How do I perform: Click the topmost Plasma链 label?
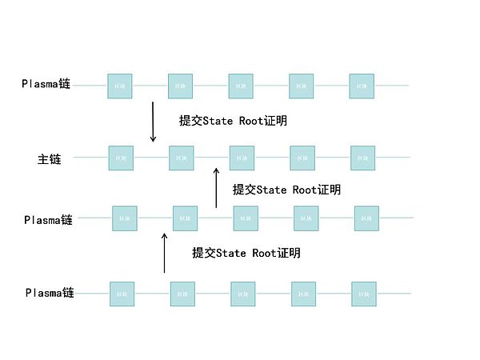click(x=46, y=83)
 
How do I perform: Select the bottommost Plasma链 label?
click(x=49, y=293)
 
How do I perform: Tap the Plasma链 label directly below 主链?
click(x=48, y=219)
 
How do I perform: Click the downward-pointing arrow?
click(x=153, y=121)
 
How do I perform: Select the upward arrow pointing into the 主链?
click(x=216, y=188)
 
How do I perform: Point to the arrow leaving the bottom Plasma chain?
click(x=165, y=253)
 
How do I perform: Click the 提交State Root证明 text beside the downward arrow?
click(x=234, y=121)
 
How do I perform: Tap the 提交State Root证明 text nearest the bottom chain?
click(x=246, y=253)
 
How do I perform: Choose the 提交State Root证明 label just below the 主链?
click(x=286, y=190)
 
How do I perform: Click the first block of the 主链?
click(x=121, y=158)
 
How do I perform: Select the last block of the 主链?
click(x=362, y=158)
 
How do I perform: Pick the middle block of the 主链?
click(x=242, y=158)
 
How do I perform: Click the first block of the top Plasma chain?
click(x=120, y=86)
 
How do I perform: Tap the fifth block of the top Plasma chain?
click(x=362, y=86)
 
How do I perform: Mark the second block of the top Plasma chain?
click(x=180, y=86)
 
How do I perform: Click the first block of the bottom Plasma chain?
click(x=122, y=294)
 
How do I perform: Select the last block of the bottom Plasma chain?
click(x=364, y=294)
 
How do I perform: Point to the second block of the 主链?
click(x=181, y=158)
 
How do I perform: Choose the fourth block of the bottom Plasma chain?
click(x=303, y=294)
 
